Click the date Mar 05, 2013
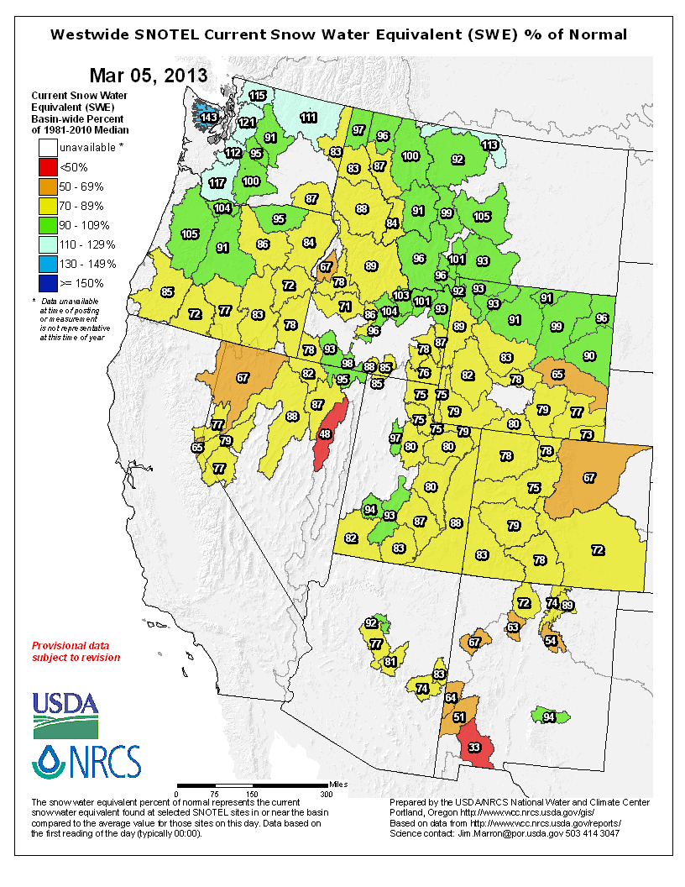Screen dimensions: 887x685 [149, 75]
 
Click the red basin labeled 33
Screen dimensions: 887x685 [475, 747]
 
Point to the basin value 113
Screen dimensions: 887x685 [489, 144]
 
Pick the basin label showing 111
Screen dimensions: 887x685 [309, 118]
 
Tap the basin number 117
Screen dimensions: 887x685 [217, 183]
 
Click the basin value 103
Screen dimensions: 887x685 [401, 296]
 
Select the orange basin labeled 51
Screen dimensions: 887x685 [458, 717]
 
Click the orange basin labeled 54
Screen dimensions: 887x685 [552, 640]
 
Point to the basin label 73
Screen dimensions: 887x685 [587, 434]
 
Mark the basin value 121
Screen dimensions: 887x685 [246, 123]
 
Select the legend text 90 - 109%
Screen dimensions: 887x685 [86, 225]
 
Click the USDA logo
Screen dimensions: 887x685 [65, 714]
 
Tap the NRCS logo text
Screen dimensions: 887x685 [101, 763]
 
